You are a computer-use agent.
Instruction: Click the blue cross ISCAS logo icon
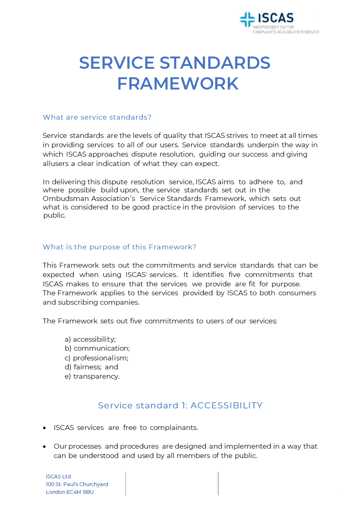(247, 20)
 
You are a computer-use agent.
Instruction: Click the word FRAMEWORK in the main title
(178, 83)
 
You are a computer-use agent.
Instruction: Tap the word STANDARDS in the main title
(215, 63)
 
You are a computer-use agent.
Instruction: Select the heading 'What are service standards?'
(97, 117)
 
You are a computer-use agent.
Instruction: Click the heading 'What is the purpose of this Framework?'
(120, 247)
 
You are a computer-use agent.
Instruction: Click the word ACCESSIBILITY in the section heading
(226, 406)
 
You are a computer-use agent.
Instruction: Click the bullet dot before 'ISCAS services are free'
(44, 428)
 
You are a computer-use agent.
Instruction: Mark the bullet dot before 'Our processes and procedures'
(44, 447)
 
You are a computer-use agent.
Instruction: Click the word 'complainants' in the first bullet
(174, 427)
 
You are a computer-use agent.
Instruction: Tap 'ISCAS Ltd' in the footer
(59, 476)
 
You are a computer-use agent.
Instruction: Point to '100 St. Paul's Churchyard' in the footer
(77, 484)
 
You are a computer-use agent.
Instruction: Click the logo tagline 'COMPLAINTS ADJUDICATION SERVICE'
(286, 32)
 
